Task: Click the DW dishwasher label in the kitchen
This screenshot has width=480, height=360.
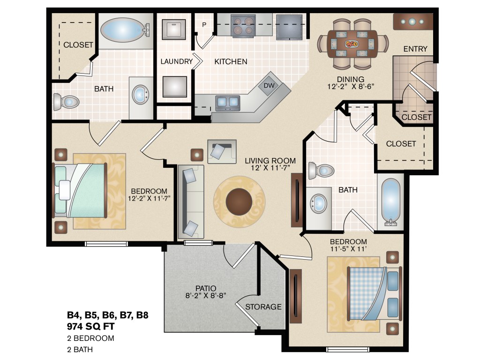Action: (x=269, y=85)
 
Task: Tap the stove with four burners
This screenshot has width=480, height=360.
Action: (x=243, y=26)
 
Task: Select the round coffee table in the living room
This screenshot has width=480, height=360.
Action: (x=239, y=202)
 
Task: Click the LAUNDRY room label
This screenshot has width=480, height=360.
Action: (x=177, y=61)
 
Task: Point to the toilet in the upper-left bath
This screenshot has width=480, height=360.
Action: (x=66, y=102)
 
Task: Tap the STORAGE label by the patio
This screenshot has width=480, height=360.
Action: (x=263, y=307)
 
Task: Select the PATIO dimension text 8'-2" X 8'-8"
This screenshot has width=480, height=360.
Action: (x=206, y=295)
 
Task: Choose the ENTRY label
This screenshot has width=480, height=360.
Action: (x=415, y=49)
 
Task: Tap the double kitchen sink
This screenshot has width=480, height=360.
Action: (x=228, y=103)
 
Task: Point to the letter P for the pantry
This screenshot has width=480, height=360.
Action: (x=204, y=24)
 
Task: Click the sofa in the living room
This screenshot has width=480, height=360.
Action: (x=191, y=202)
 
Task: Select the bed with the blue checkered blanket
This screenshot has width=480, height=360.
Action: (x=374, y=293)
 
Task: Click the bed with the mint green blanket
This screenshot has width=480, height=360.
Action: (x=80, y=190)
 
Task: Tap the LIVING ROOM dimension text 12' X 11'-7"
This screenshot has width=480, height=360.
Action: (x=270, y=168)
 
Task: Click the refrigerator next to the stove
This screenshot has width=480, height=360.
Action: (x=289, y=27)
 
